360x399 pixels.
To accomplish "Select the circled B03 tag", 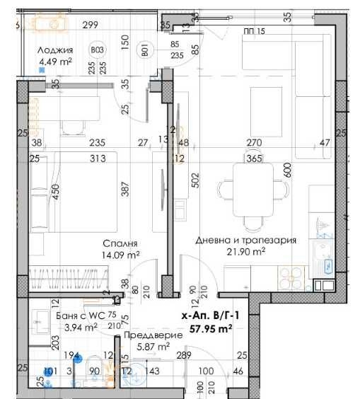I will point(98,50).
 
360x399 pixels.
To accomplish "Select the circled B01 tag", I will point(146,50).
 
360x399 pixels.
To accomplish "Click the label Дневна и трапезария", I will point(245,240).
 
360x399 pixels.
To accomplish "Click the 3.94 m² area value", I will point(81,327).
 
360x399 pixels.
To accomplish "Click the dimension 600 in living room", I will point(287,170).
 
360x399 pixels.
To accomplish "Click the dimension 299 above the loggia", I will point(90,25).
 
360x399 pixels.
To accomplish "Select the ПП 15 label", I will point(254,31).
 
